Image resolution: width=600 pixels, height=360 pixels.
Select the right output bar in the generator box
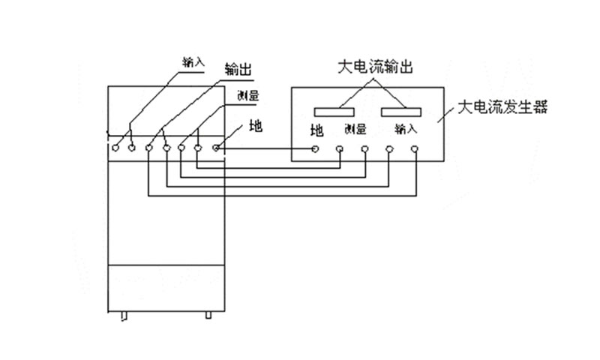click(401, 112)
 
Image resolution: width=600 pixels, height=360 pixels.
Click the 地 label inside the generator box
click(316, 130)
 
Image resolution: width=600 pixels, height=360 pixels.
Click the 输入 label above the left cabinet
click(193, 61)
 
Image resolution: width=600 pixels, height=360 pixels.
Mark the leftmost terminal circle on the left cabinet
click(116, 148)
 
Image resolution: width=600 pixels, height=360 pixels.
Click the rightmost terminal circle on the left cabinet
click(216, 148)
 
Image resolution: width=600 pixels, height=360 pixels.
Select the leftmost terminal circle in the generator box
click(316, 148)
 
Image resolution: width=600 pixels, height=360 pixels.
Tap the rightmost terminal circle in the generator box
click(415, 148)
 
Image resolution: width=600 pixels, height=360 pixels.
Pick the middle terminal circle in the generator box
click(365, 148)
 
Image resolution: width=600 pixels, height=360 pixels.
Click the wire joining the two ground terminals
click(266, 148)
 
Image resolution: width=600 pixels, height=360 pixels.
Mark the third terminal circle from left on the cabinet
click(149, 148)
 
